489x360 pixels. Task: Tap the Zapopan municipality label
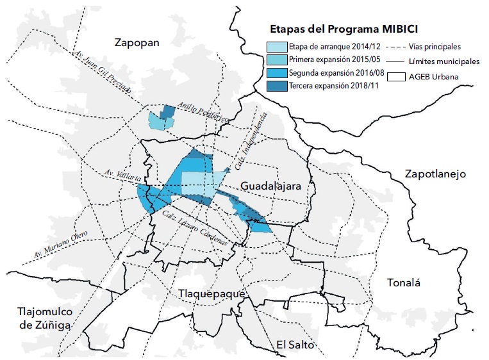(x=136, y=43)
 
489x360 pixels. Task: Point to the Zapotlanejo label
(x=435, y=174)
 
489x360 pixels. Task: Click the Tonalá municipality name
(x=406, y=283)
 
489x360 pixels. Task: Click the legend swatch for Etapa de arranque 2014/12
(x=277, y=47)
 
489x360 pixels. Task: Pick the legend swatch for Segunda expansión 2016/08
(x=277, y=73)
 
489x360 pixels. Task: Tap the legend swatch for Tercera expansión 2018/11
(x=277, y=86)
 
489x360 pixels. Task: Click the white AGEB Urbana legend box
(x=399, y=78)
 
